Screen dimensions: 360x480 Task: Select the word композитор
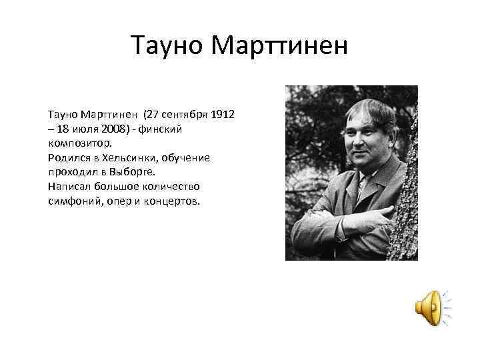pos(80,143)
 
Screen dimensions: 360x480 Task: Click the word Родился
pos(69,158)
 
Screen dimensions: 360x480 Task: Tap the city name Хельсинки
pos(133,158)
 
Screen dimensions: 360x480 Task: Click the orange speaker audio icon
pos(429,308)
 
